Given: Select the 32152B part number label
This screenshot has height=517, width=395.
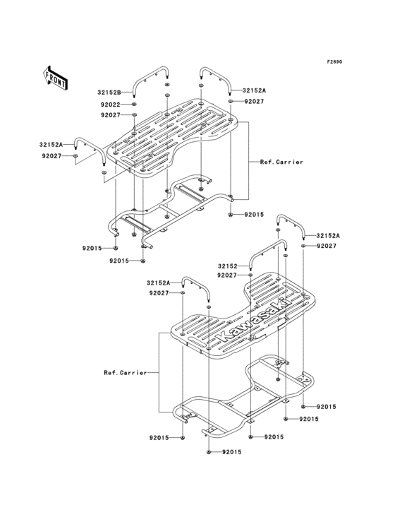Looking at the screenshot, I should click(x=109, y=93).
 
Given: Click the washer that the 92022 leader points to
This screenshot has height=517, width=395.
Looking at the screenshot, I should click(x=134, y=105).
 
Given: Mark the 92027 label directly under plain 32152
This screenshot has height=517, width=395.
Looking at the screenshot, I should click(x=226, y=275).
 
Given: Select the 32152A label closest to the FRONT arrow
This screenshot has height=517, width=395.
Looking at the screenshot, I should click(x=51, y=145).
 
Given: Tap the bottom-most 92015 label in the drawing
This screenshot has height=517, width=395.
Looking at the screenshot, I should click(x=233, y=451).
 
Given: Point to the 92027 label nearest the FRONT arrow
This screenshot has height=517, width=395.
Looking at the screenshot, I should click(x=51, y=155).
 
